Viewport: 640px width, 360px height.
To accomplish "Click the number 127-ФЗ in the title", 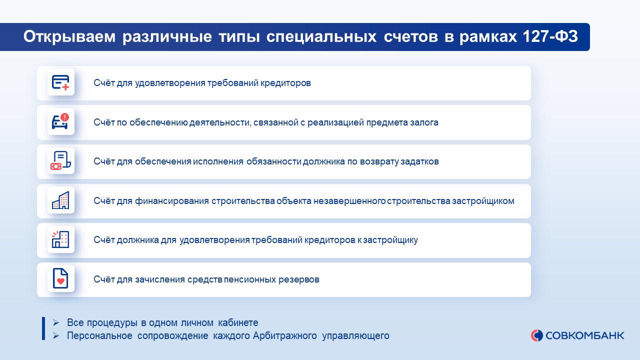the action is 550,36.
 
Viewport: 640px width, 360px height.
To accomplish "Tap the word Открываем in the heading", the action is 69,37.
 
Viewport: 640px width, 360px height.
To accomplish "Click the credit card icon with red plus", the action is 60,82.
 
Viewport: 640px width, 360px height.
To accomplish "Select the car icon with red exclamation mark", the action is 60,121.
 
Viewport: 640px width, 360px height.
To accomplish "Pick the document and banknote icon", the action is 60,161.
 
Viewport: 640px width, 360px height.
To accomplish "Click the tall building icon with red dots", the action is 60,200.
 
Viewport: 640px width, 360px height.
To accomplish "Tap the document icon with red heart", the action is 60,278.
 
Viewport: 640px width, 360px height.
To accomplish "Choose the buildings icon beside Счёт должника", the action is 60,239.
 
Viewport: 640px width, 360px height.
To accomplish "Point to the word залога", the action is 424,122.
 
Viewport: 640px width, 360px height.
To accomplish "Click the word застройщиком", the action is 483,201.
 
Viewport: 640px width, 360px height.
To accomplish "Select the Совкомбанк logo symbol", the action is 537,335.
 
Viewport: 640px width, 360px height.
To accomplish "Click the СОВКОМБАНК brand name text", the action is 585,335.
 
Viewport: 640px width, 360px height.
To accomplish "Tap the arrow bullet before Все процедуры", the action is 55,323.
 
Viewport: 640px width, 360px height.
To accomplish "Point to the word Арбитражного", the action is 285,335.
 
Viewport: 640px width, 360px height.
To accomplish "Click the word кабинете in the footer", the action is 238,323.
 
